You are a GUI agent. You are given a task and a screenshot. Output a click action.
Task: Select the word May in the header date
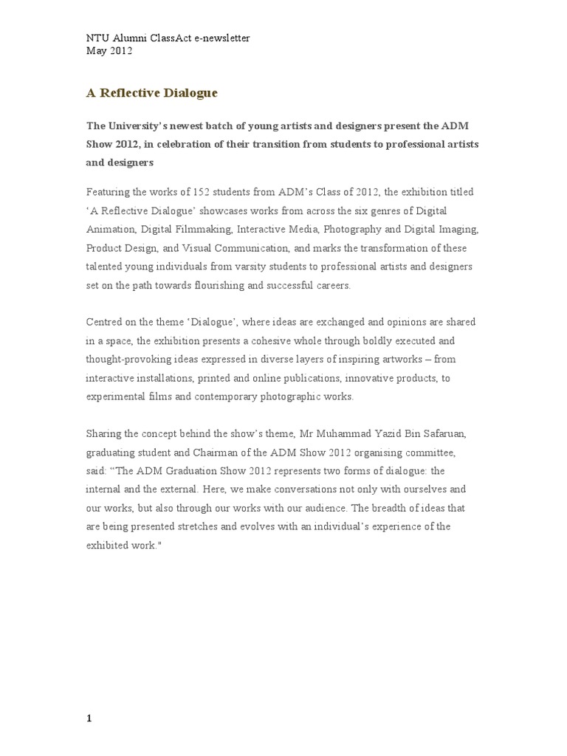click(x=96, y=51)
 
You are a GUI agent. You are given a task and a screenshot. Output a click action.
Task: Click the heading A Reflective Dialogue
click(x=152, y=94)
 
